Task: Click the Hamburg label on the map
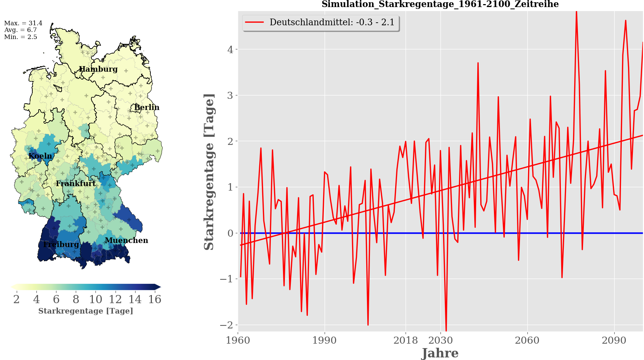point(98,69)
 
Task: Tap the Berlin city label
point(147,107)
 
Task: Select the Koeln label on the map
point(40,156)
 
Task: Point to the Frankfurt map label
point(76,184)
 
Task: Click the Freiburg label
point(61,244)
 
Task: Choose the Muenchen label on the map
point(126,240)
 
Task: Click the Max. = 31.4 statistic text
point(23,23)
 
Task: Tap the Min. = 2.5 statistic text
point(21,37)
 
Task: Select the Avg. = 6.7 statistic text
point(21,30)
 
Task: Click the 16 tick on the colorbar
point(155,299)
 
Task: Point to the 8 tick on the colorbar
point(76,299)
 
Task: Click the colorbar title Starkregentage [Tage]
point(85,311)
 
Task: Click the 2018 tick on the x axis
point(406,340)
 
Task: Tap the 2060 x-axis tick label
point(527,340)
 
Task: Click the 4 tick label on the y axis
point(230,50)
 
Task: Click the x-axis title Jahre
point(440,353)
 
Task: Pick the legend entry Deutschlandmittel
point(332,22)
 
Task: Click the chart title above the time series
point(440,4)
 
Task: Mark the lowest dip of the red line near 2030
point(446,330)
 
